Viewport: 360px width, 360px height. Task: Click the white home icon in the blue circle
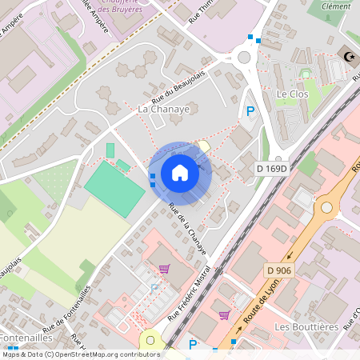tap(180, 173)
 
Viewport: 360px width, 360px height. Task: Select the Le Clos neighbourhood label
tap(293, 94)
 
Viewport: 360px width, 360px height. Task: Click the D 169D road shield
tap(271, 169)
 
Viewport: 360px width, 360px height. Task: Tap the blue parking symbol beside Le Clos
tap(250, 112)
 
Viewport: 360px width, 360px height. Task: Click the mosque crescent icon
tap(349, 56)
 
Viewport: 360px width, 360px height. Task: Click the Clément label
tap(335, 6)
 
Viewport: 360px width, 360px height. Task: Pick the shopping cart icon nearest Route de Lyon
tap(224, 314)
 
